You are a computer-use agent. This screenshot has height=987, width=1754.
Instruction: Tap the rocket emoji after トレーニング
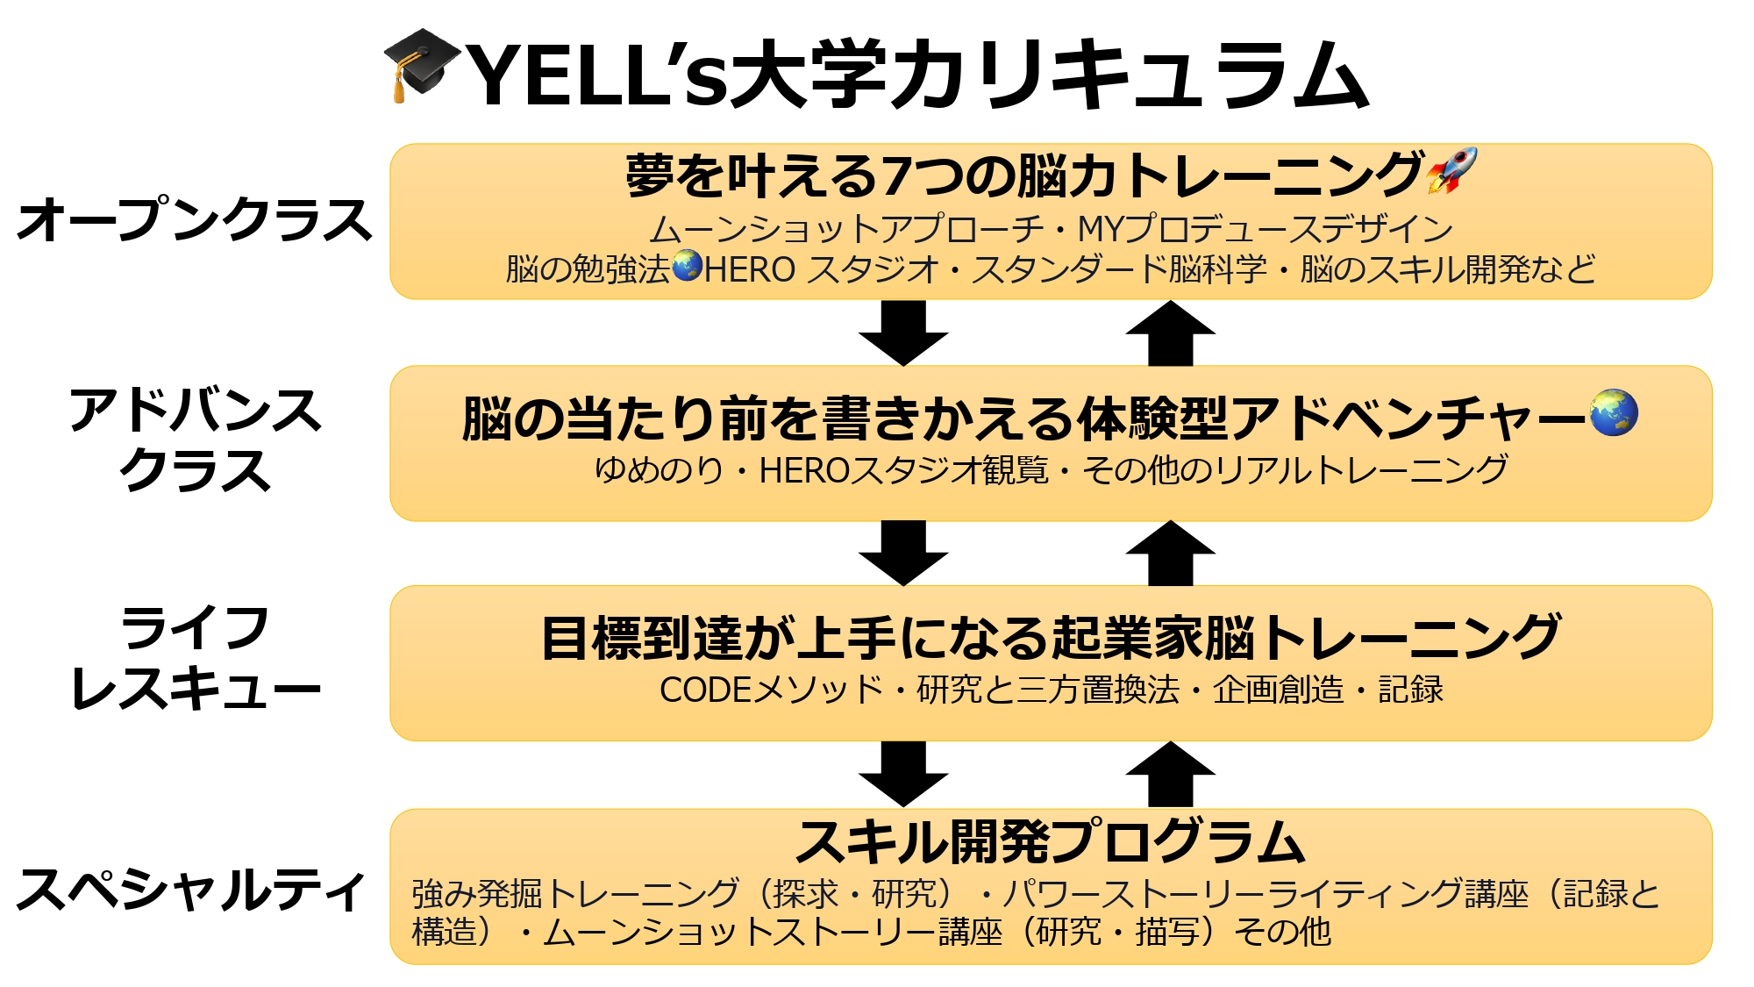coord(1451,170)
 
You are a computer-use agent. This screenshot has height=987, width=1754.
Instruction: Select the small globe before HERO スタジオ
coord(688,266)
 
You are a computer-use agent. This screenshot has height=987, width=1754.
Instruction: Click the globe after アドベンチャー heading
coord(1614,412)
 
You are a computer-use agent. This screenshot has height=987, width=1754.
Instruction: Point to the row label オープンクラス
coord(195,220)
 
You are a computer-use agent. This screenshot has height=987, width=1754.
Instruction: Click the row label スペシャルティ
coord(191,890)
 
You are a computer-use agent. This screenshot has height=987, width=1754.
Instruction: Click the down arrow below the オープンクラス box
coord(903,333)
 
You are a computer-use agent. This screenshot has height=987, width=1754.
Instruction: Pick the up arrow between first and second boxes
coord(1170,333)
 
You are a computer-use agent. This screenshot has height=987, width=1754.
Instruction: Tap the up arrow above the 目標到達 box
coord(1170,553)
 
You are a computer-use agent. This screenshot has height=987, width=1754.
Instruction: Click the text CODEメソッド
coord(771,690)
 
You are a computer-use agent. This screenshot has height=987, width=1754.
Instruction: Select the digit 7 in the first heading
coord(895,175)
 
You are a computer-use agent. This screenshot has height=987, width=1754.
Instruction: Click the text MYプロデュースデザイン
coord(1265,229)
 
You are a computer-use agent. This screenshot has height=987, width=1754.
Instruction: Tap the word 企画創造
coord(1278,690)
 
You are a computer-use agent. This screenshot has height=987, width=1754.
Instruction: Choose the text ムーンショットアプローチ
coord(846,229)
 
